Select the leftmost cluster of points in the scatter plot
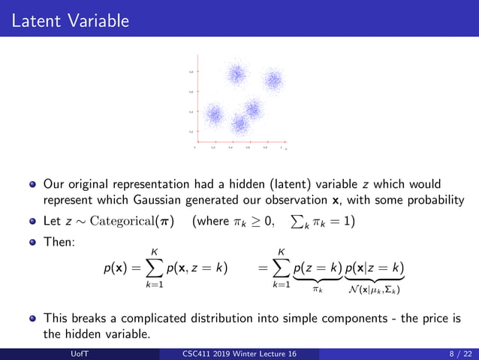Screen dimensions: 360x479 click(x=215, y=114)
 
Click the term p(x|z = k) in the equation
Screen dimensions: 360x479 click(x=375, y=269)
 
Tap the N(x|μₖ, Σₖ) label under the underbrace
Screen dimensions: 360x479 click(x=375, y=289)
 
